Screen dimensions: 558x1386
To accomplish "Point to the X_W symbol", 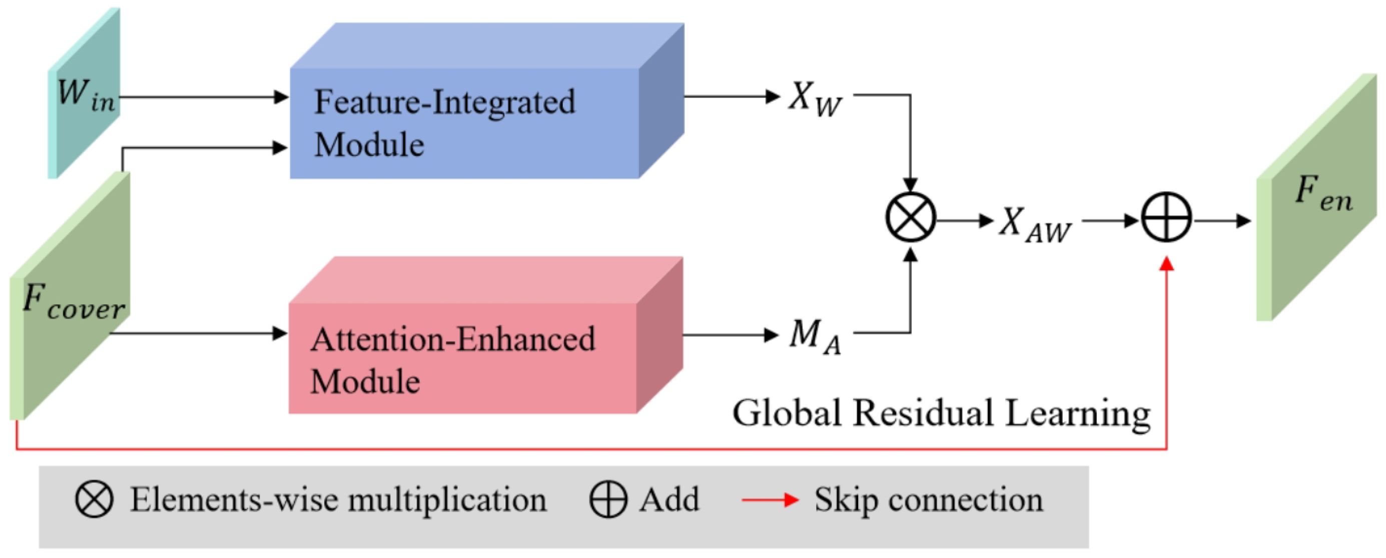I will coord(815,99).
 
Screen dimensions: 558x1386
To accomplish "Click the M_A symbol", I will coord(815,336).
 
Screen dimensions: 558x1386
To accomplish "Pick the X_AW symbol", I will coord(1035,224).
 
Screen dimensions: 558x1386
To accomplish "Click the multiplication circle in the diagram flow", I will coord(910,217).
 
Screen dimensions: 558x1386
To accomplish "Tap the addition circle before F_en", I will coord(1166,217).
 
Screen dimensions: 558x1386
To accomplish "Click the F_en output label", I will coord(1322,194).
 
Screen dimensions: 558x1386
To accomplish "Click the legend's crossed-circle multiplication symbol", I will coord(94,499).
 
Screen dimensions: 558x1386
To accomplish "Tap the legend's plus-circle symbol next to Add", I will coord(608,499).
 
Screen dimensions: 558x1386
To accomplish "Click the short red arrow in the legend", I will coord(770,500).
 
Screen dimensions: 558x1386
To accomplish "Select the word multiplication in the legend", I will coord(447,500).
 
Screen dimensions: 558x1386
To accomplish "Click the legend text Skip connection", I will coord(928,500).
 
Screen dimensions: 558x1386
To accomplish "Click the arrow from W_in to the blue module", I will coord(205,97).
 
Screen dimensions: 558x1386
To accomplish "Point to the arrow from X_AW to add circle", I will coord(1110,220).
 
